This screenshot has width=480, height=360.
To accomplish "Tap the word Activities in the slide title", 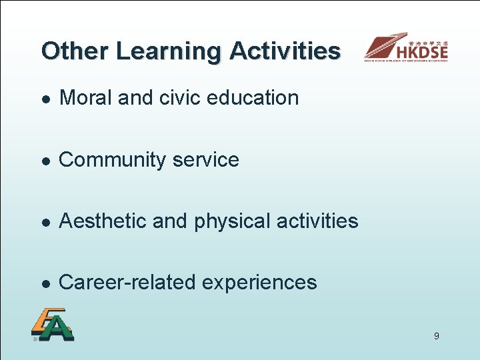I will [x=285, y=51].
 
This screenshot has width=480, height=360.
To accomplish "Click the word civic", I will [x=181, y=98].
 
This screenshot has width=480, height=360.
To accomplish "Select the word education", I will [x=253, y=98].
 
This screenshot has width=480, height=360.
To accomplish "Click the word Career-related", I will [x=127, y=283].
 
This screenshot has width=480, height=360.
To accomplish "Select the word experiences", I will [x=259, y=283].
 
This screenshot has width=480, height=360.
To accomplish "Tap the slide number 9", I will [x=436, y=336].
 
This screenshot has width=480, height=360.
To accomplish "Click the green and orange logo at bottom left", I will [x=52, y=325].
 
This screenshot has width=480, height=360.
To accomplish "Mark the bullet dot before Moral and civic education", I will [x=44, y=99].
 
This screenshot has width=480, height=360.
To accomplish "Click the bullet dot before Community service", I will [x=44, y=161].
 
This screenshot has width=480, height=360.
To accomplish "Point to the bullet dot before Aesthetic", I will [x=44, y=222].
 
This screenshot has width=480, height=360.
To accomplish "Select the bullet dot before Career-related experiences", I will [x=44, y=283].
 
